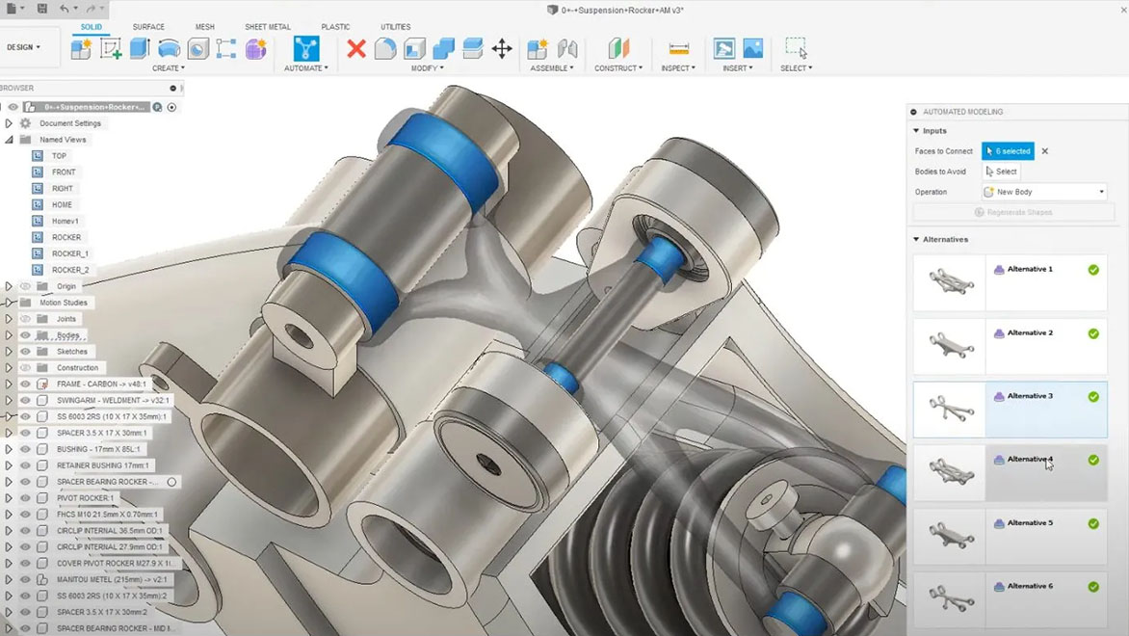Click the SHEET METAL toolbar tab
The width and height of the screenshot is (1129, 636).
(x=267, y=27)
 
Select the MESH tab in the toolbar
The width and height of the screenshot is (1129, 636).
(x=205, y=27)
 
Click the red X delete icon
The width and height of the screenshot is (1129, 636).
(x=356, y=48)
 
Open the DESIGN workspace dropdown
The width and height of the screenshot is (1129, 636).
(x=23, y=47)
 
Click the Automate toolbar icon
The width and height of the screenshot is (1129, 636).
(x=305, y=48)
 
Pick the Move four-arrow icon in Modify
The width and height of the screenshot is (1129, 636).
(x=502, y=48)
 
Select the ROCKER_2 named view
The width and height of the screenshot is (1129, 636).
(x=70, y=270)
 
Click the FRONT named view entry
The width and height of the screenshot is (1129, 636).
(x=64, y=172)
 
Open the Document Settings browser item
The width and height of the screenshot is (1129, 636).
(x=69, y=123)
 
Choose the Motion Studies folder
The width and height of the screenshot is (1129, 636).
(x=63, y=303)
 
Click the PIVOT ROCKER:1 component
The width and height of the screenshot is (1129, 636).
(x=85, y=498)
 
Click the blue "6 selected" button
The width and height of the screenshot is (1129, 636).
(x=1008, y=151)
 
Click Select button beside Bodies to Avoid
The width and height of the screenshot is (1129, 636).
(x=1002, y=172)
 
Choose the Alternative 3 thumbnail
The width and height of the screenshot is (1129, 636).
(x=949, y=409)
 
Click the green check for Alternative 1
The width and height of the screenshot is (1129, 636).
(x=1093, y=270)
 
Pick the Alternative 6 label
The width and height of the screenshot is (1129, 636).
(x=1029, y=586)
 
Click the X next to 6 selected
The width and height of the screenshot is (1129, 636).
(x=1045, y=151)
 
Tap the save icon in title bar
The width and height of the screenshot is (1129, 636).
(x=42, y=9)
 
